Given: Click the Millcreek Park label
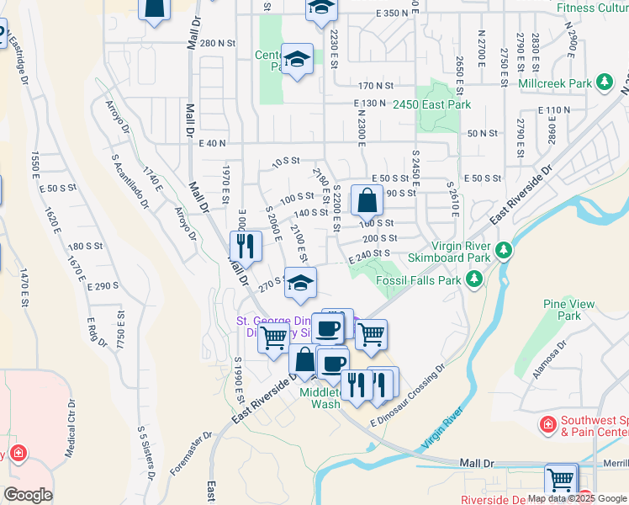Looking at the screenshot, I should click(x=556, y=83).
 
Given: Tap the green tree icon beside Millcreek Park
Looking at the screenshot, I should click(x=604, y=82).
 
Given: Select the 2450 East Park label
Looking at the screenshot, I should click(x=432, y=104).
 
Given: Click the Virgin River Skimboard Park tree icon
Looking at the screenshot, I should click(x=504, y=250).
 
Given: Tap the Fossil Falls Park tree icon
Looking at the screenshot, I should click(x=475, y=278).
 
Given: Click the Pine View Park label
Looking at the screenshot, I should click(x=568, y=310).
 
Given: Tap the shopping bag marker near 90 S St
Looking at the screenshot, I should click(x=367, y=201).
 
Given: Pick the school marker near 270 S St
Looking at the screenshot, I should click(x=299, y=283).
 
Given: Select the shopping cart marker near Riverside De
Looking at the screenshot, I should click(x=560, y=480).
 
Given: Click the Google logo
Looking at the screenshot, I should click(x=29, y=494).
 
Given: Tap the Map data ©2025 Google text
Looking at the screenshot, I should click(x=578, y=498).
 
